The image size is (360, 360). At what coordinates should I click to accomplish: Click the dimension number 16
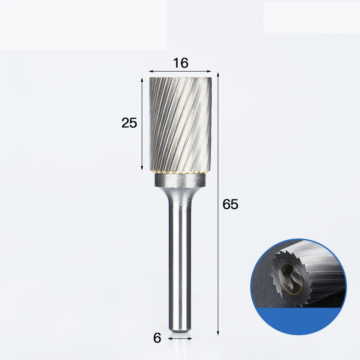pyautogui.click(x=181, y=63)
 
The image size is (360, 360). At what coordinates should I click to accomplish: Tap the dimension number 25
pyautogui.click(x=129, y=122)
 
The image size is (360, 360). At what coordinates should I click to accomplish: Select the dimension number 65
pyautogui.click(x=230, y=204)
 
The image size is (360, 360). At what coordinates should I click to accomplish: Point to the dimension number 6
pyautogui.click(x=157, y=338)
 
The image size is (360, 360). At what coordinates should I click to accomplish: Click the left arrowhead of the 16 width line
pyautogui.click(x=151, y=72)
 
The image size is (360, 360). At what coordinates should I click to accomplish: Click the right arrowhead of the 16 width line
pyautogui.click(x=209, y=72)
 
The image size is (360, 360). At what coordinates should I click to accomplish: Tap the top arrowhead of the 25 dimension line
pyautogui.click(x=142, y=80)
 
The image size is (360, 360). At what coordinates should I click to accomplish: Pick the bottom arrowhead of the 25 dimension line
pyautogui.click(x=142, y=168)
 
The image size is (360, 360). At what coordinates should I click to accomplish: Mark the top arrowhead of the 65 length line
pyautogui.click(x=218, y=74)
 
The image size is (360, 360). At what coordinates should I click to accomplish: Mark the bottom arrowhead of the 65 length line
pyautogui.click(x=218, y=333)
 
